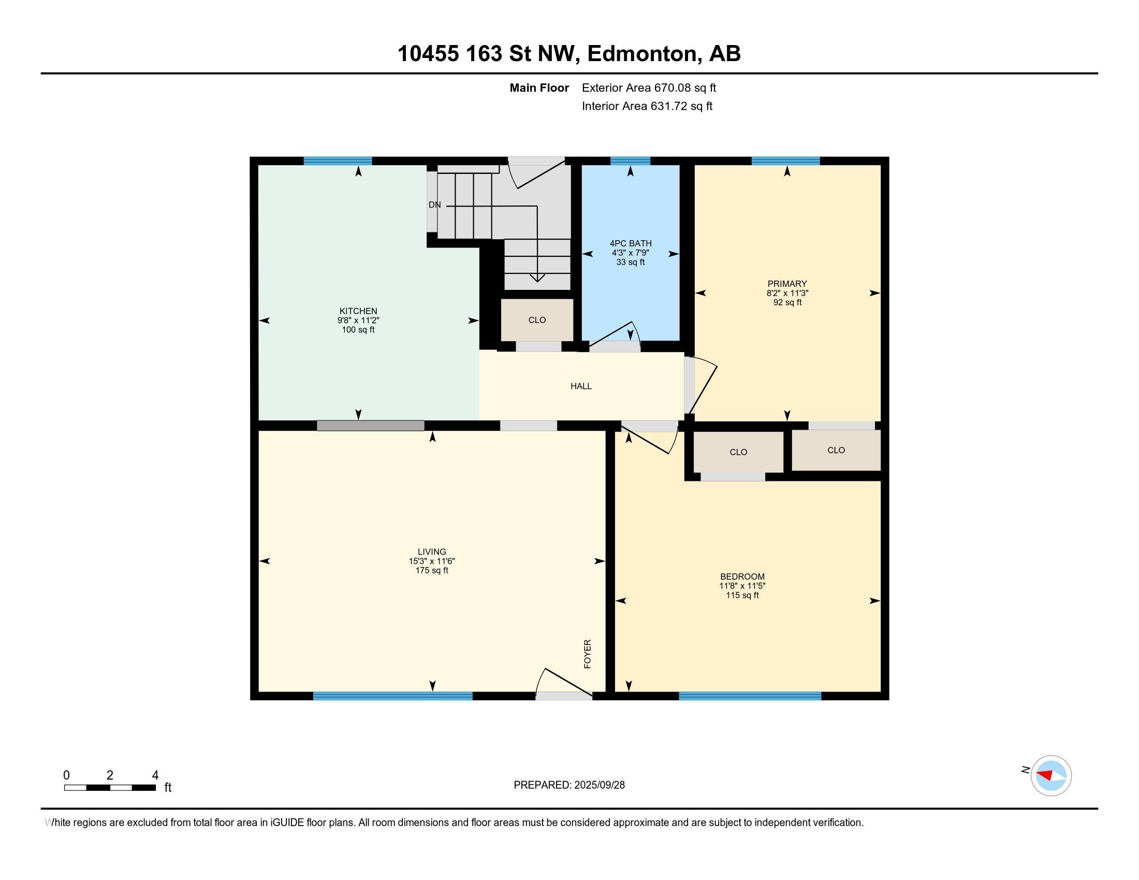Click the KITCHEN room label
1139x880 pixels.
coord(358,311)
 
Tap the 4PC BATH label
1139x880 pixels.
coord(631,243)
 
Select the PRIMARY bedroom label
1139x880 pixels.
coord(787,284)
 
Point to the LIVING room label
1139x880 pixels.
coord(432,552)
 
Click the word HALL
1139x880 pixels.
coord(581,386)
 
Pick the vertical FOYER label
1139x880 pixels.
coord(587,654)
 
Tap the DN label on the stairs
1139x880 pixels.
coord(434,205)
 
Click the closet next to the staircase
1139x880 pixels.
coord(537,319)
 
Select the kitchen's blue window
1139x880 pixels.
coord(338,160)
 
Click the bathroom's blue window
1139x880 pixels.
coord(630,160)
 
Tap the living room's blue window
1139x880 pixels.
coord(393,695)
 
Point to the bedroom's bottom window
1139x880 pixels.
coord(750,695)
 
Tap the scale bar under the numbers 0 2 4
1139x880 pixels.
coord(110,788)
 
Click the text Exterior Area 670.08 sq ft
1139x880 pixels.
coord(649,87)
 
